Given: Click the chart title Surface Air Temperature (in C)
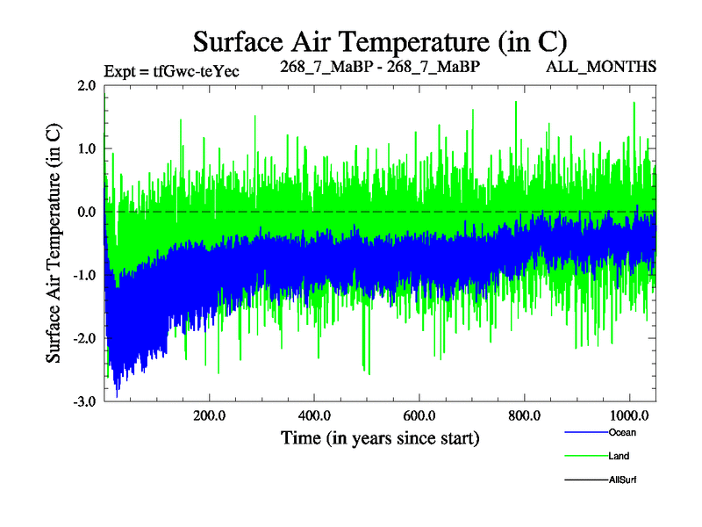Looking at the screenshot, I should (379, 41).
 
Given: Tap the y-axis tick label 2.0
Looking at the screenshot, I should (85, 86).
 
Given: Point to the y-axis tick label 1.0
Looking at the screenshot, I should (85, 149).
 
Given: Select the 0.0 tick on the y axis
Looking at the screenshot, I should (85, 213).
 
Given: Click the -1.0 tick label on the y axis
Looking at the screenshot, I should (83, 276).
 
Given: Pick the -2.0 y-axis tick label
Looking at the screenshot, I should (83, 339).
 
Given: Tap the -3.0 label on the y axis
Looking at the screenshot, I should (83, 402).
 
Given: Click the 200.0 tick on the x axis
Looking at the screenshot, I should (209, 415).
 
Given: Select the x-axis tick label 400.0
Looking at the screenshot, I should (314, 415).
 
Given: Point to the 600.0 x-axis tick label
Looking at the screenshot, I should (419, 415).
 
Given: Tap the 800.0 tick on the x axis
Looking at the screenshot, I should (524, 415).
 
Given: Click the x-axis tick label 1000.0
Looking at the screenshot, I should (629, 415).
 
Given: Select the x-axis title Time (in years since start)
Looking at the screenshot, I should (380, 437).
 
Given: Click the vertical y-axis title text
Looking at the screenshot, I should (54, 242).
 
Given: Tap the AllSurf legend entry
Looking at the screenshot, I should (622, 480).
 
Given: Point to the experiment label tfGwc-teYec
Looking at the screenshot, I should (171, 70).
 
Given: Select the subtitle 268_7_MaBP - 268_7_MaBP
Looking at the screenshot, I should (380, 67).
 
